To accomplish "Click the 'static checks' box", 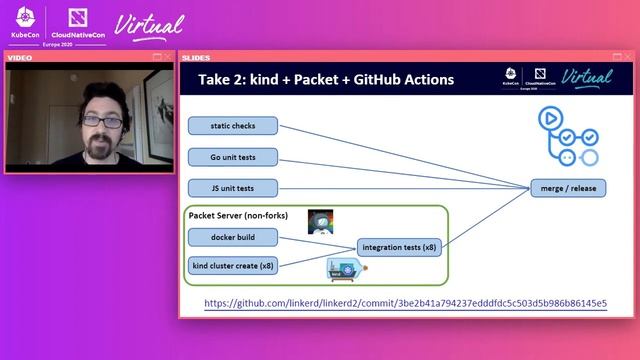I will (x=233, y=126).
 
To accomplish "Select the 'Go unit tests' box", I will (x=233, y=157).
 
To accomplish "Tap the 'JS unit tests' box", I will (x=233, y=188).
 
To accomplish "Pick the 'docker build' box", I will (x=233, y=237).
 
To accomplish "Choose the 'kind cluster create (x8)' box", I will (x=233, y=265).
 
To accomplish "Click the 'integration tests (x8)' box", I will (x=399, y=247).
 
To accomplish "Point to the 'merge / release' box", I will (x=567, y=188).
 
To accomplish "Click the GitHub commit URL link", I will (x=405, y=303).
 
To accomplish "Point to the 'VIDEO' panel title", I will (x=20, y=57).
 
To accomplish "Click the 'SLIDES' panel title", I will (x=196, y=57).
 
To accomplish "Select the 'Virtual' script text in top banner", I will (x=150, y=24).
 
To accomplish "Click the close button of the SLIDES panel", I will (x=629, y=57).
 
